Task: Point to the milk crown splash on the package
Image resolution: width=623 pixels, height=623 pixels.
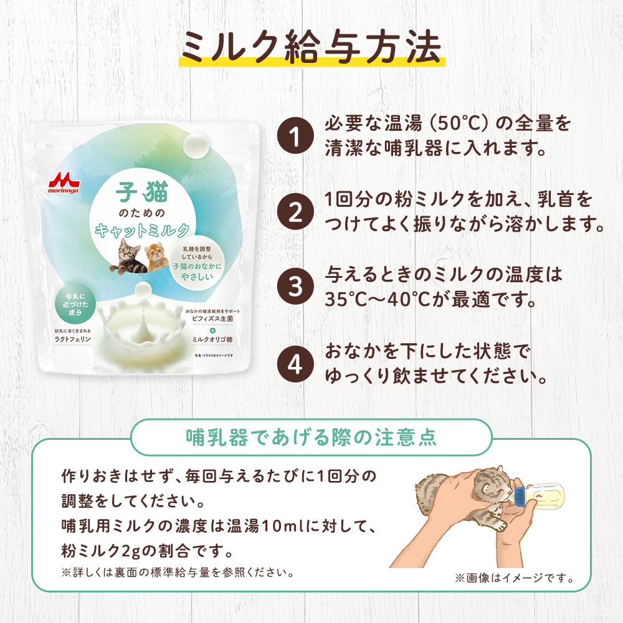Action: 143,325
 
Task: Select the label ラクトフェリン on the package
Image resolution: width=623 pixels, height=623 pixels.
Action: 73,340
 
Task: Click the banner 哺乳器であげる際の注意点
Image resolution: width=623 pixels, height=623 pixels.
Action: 311,437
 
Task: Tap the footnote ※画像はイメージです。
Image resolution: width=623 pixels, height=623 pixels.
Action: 513,578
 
